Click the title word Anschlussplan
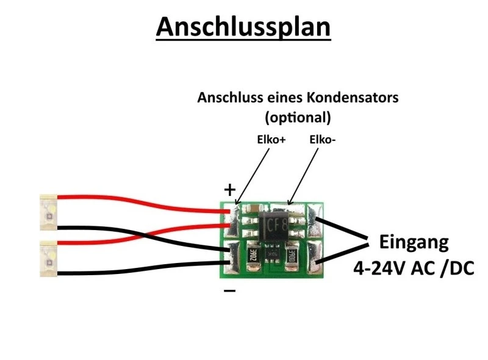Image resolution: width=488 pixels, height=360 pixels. coord(243,27)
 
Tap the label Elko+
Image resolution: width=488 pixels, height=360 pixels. coord(270,140)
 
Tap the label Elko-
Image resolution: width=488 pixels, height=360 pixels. coord(323,140)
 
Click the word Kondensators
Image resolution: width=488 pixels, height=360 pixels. coord(350,98)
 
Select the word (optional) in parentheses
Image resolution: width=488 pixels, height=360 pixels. coord(298,116)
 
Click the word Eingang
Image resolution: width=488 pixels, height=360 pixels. coord(414,242)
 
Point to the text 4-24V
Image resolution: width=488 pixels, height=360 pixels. coord(381,268)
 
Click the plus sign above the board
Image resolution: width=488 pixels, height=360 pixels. coord(229,190)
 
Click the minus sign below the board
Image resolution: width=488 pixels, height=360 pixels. coord(229,291)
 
